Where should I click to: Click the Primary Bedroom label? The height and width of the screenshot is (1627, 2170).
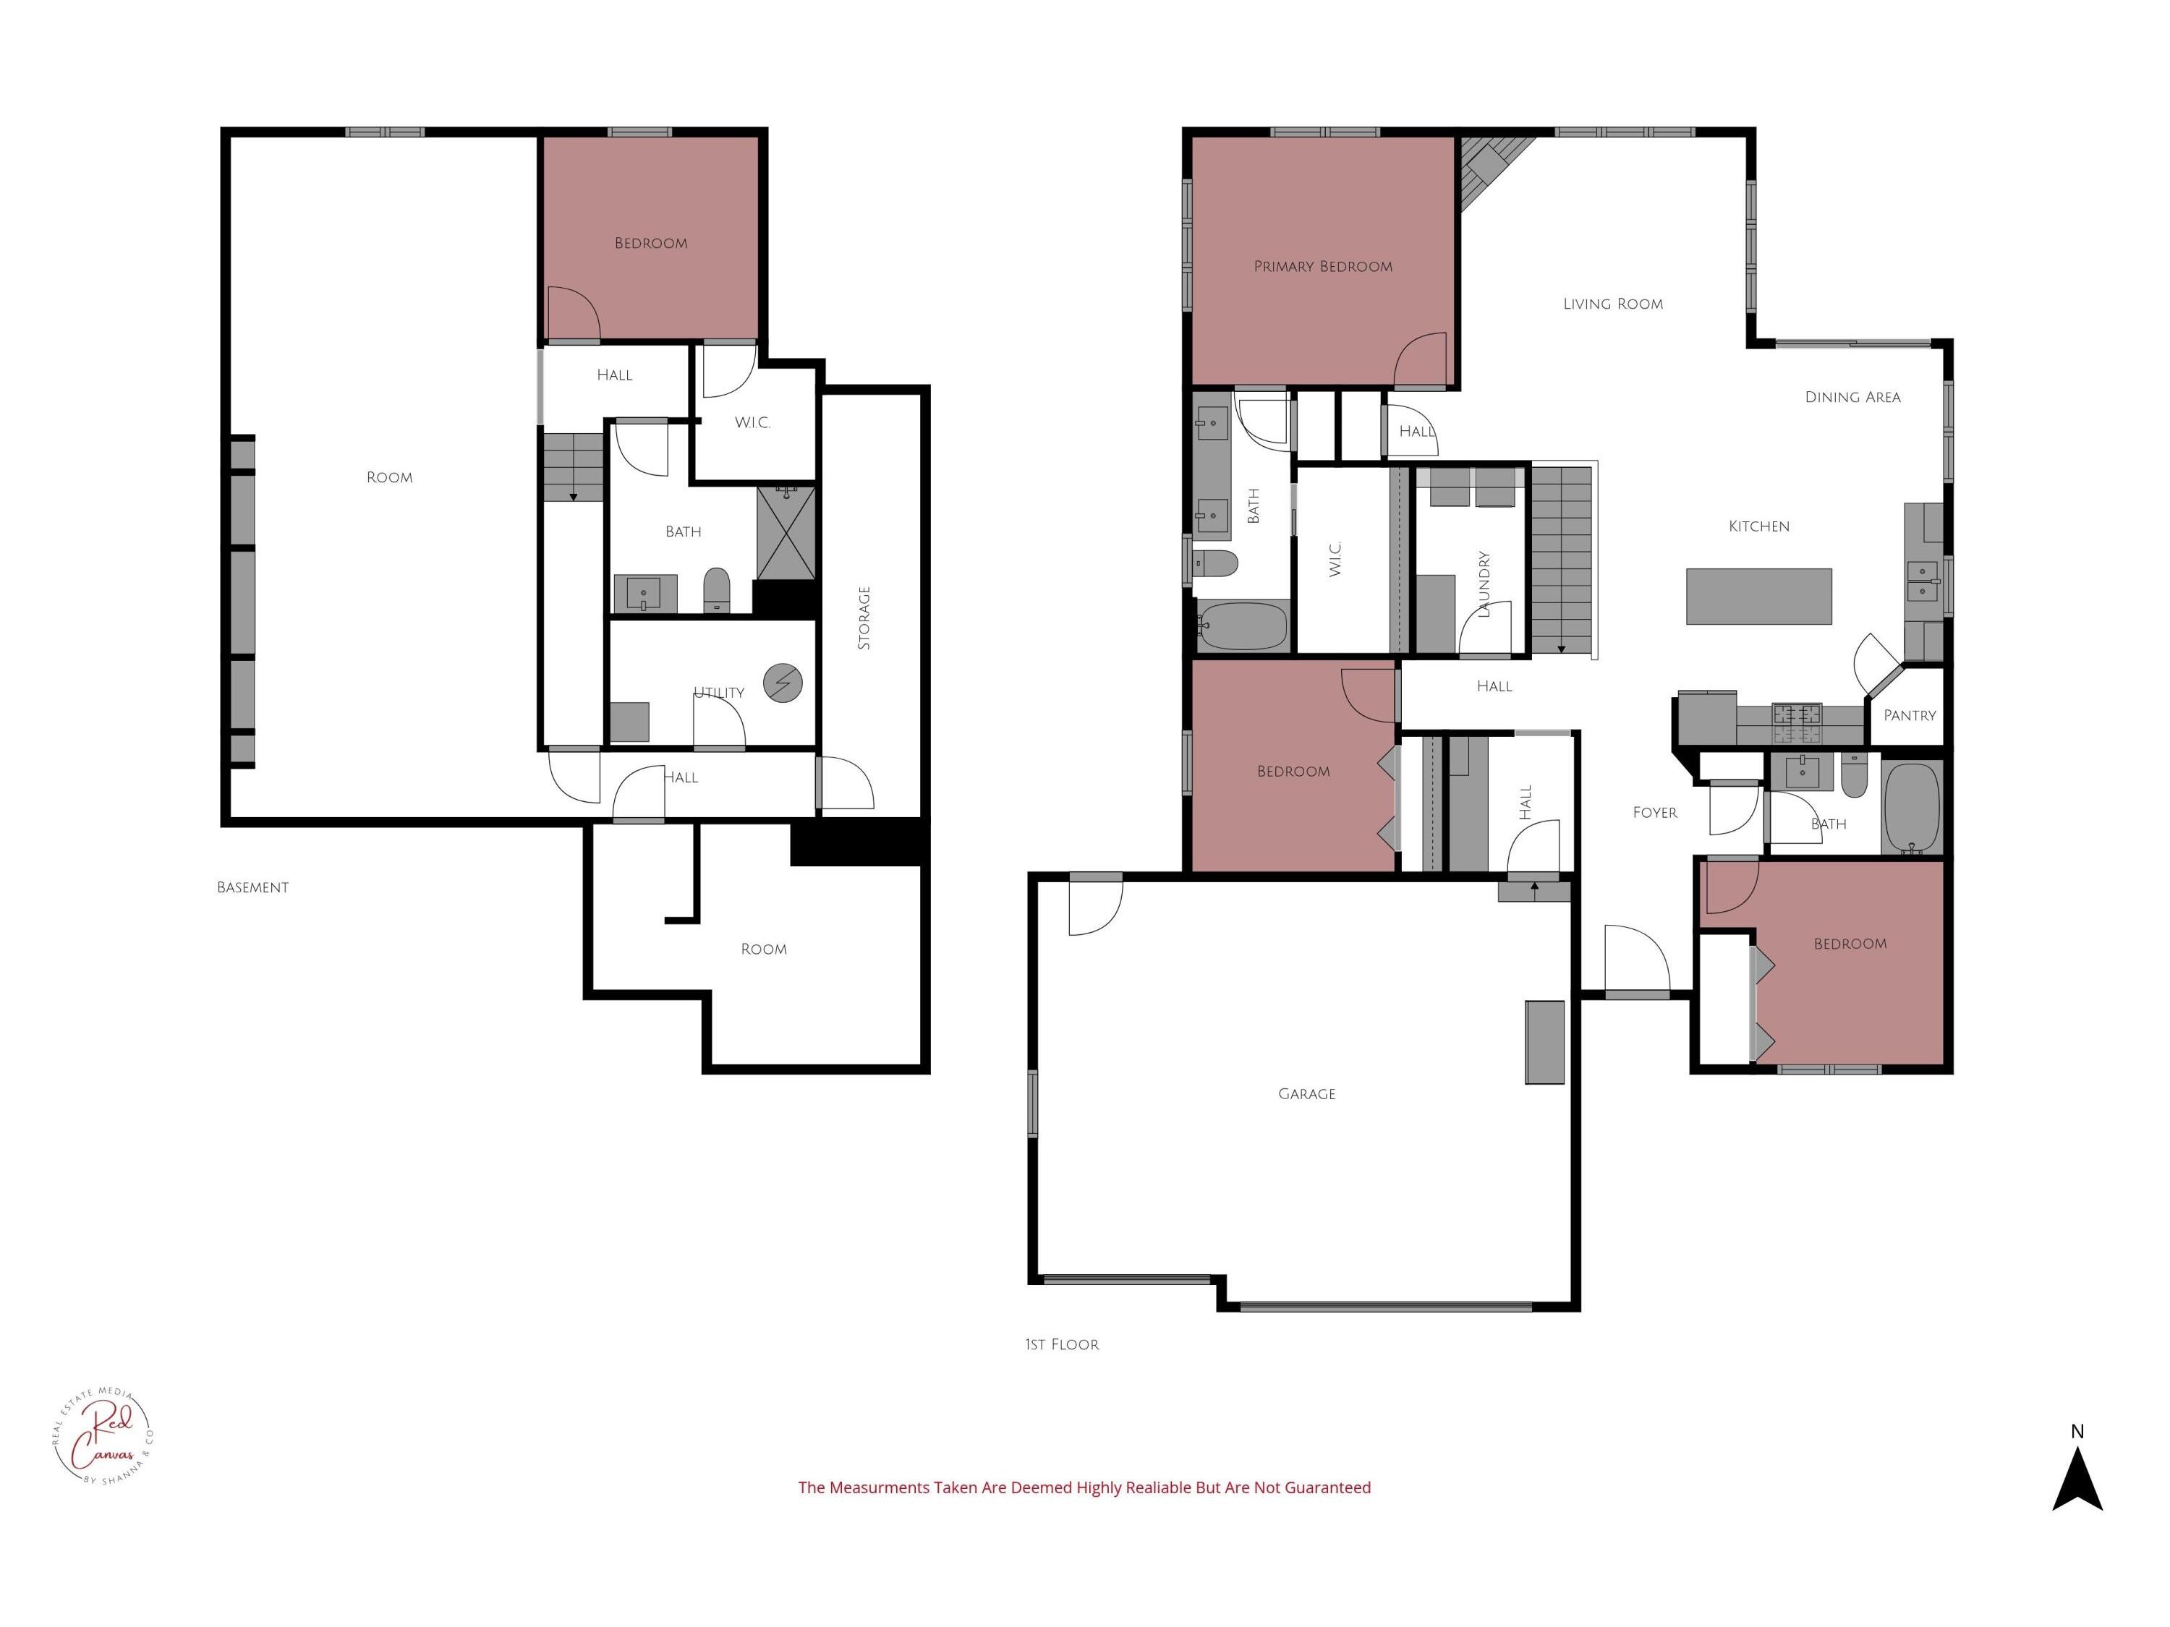[x=1322, y=267]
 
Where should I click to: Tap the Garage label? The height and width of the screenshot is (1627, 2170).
[x=1307, y=1093]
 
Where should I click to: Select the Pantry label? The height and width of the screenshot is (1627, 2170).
[x=1909, y=716]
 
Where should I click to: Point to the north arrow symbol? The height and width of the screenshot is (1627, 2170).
[x=2077, y=1481]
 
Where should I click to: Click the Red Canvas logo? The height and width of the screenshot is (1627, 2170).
[x=103, y=1438]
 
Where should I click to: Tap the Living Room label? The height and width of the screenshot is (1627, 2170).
[x=1613, y=304]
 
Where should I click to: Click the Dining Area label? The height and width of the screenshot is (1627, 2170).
[x=1852, y=397]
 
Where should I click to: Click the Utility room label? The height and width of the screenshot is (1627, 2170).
[x=719, y=693]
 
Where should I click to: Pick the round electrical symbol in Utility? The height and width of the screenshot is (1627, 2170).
[x=783, y=683]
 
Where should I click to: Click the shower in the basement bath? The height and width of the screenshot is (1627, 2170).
[x=786, y=534]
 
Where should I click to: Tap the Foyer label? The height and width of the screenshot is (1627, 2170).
[x=1655, y=813]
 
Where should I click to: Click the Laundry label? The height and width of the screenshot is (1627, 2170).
[x=1484, y=584]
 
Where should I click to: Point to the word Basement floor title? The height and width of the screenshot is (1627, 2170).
[x=253, y=887]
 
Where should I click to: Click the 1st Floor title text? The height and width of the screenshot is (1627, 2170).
[x=1063, y=1344]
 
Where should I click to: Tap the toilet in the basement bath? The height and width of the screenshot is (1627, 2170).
[x=717, y=589]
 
